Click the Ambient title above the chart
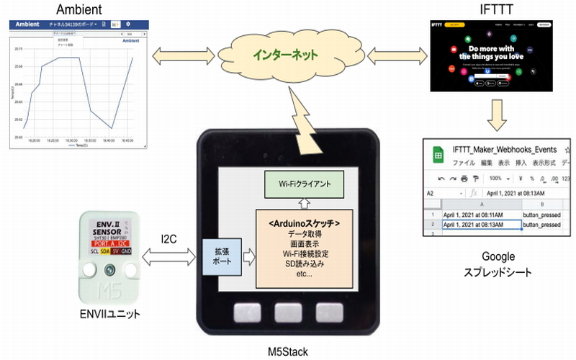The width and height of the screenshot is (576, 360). point(76,9)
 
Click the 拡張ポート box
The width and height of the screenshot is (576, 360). point(220,257)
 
